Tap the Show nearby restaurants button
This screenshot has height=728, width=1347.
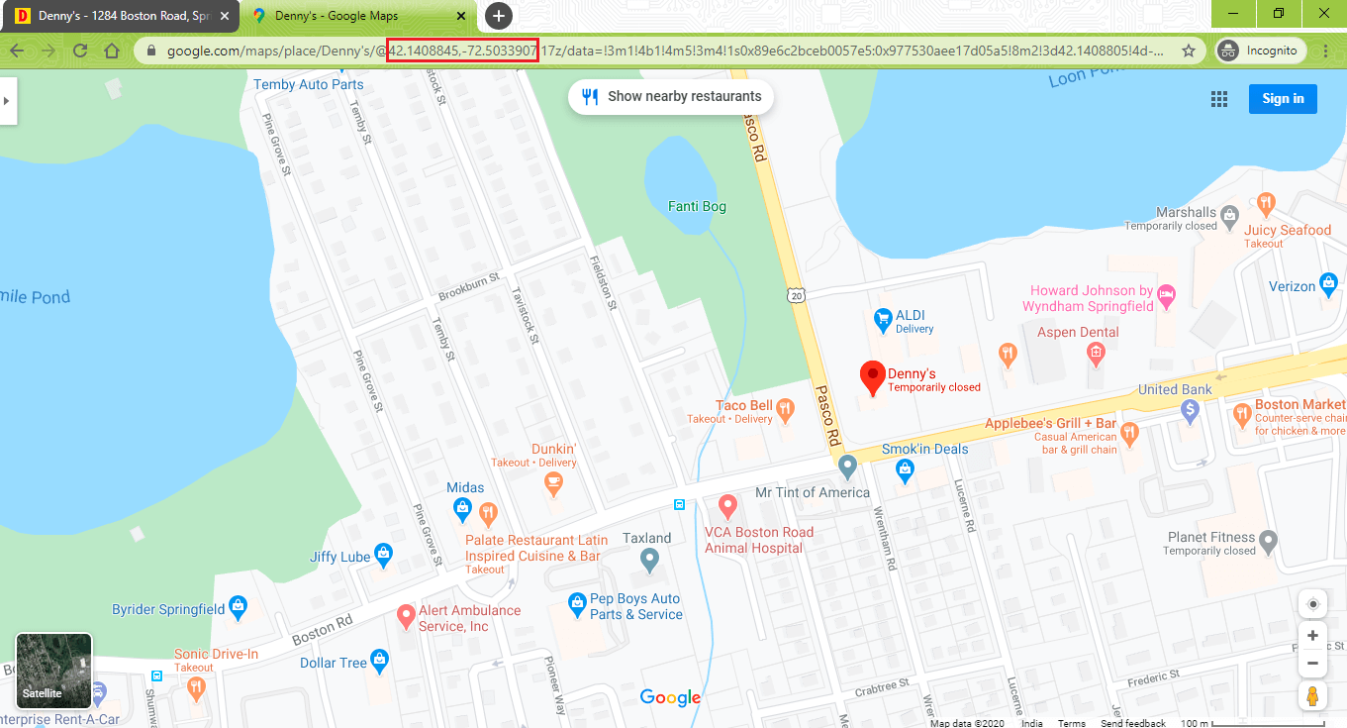point(671,97)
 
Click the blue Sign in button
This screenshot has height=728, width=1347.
point(1282,98)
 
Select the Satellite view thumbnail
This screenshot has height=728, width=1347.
point(53,672)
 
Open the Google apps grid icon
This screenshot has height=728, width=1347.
point(1218,98)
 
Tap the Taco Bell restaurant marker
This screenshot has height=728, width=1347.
point(785,408)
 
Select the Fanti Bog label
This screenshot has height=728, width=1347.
point(697,206)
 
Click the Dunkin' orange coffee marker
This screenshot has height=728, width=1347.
point(554,483)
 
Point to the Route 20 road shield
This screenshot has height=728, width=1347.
point(798,294)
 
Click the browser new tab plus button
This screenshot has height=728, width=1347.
point(499,16)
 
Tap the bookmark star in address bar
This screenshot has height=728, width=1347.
point(1189,51)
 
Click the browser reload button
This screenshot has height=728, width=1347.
point(80,51)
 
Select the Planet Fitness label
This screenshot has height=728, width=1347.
point(1210,538)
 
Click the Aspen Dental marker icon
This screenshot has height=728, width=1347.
point(1096,352)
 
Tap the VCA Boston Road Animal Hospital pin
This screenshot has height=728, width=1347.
point(727,507)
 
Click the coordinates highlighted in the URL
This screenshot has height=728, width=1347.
point(462,51)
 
